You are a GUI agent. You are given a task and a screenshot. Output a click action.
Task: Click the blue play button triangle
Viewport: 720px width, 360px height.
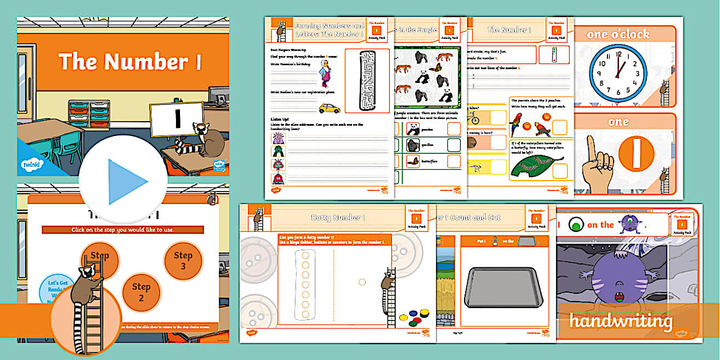point(127,182)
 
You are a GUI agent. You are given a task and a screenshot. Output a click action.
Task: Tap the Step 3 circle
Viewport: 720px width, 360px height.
point(183,261)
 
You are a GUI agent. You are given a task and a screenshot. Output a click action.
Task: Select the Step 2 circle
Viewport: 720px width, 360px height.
point(141,292)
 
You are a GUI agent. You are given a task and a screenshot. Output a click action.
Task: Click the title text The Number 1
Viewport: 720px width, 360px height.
point(130,62)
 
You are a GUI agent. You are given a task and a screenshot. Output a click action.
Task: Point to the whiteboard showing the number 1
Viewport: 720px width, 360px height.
point(177,118)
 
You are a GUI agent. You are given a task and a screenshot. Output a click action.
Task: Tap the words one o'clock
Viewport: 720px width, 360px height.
point(618,34)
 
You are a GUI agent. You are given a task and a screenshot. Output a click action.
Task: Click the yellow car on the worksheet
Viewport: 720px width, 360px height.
point(329,108)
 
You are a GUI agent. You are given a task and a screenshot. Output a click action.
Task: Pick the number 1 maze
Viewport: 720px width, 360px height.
point(367,80)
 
